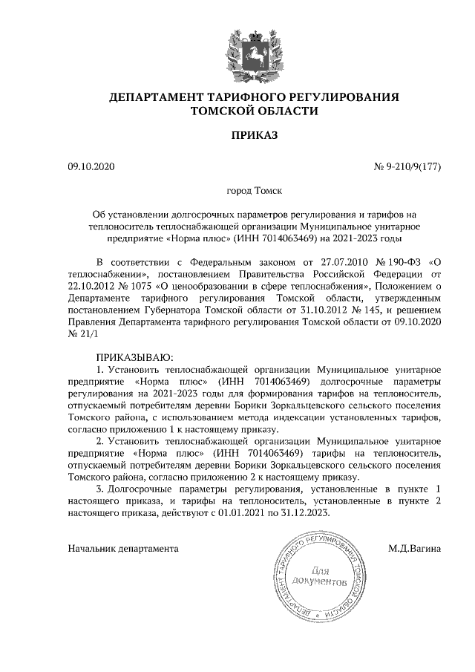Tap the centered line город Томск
click(x=254, y=191)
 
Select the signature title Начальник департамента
click(x=122, y=549)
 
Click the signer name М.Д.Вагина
click(x=414, y=549)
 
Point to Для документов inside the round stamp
click(x=320, y=577)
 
